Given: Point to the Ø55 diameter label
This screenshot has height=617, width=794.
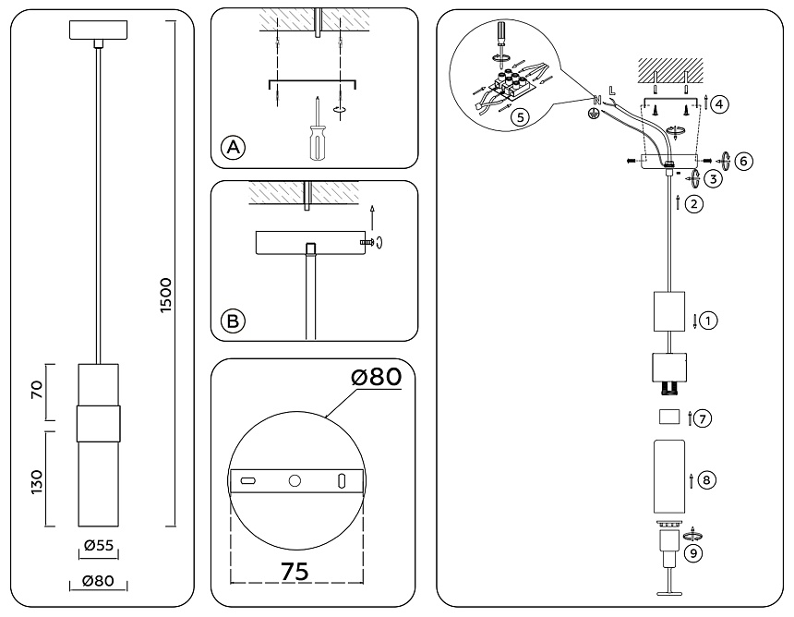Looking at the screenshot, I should (x=98, y=546).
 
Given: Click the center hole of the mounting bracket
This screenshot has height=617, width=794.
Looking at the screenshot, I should (x=295, y=481).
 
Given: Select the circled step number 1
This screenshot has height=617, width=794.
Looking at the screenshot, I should (x=707, y=321).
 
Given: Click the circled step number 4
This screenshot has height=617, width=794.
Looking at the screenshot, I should (x=720, y=103).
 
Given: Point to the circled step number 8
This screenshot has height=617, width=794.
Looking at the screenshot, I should (x=707, y=479).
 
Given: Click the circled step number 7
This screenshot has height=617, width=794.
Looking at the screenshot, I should (x=704, y=418).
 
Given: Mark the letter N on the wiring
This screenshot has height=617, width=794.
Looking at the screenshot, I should (x=597, y=98).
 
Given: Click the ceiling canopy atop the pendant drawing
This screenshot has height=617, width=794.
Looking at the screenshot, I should (x=96, y=30).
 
